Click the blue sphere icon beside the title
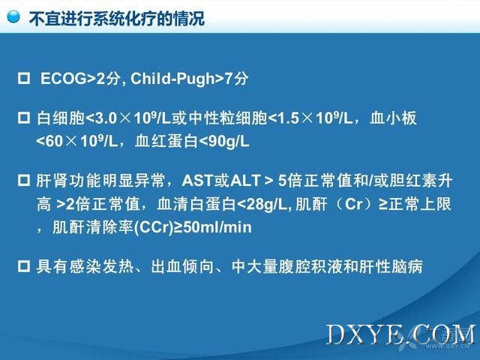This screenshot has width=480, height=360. tap(13, 16)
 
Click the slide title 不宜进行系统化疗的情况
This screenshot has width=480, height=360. tap(117, 18)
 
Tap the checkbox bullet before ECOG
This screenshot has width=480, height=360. tap(24, 78)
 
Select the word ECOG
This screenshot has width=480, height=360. tap(64, 78)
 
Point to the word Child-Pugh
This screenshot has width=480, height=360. tap(173, 79)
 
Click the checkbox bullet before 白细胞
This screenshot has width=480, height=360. tap(24, 118)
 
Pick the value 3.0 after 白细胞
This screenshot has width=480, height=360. tap(106, 118)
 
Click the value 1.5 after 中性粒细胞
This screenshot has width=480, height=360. tap(288, 118)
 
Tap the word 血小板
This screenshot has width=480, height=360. tap(393, 118)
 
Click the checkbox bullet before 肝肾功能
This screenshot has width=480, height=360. tap(24, 181)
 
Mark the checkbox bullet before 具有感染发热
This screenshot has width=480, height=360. tap(24, 266)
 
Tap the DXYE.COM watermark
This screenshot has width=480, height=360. tap(402, 335)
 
